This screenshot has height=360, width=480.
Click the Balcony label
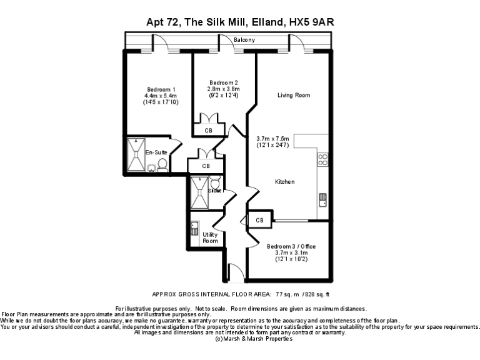244,40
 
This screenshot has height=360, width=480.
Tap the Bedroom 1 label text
161,89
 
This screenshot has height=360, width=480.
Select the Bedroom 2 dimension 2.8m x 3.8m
223,89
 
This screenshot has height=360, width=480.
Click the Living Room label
294,95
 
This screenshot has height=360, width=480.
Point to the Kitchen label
285,182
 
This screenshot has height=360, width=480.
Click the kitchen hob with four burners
323,159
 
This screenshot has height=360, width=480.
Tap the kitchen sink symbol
322,200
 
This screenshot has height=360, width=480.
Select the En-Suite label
156,152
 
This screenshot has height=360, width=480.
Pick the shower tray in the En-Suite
136,154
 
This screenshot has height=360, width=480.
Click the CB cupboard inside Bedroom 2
208,130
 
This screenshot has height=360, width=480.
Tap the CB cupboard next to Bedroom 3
259,221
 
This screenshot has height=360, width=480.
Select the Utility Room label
210,237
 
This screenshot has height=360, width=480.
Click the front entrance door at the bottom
236,273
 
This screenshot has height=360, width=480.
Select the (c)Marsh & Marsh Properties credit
253,338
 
